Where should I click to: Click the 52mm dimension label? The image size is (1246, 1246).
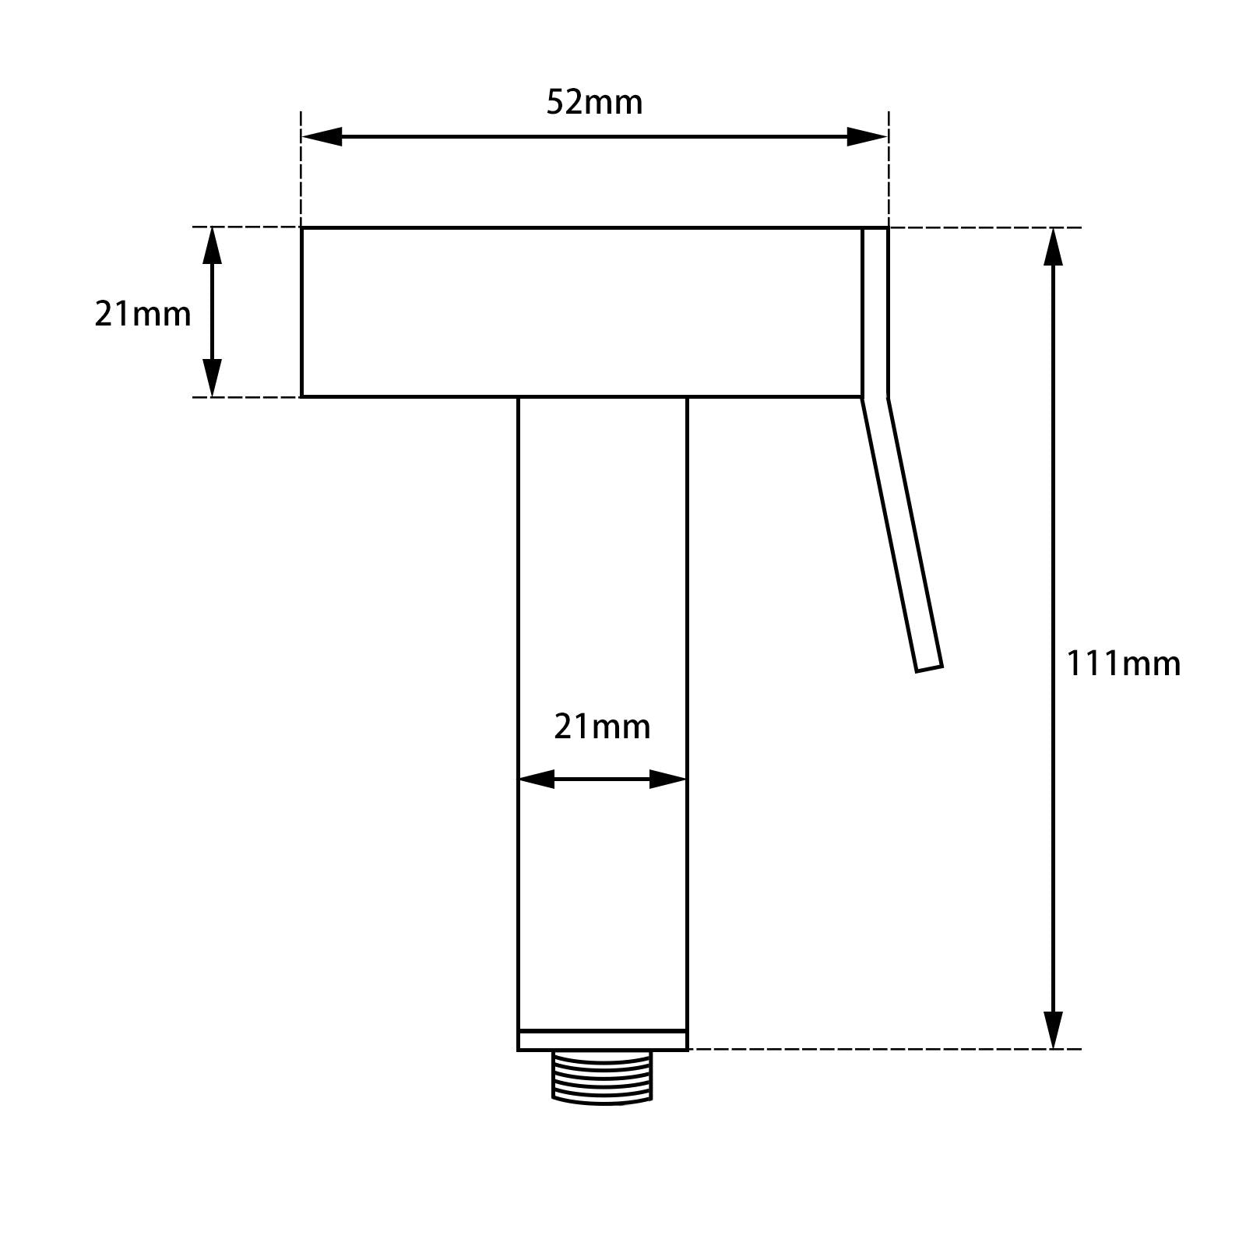[594, 103]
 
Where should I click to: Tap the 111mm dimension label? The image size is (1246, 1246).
[1122, 664]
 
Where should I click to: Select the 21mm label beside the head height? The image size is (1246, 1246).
[143, 315]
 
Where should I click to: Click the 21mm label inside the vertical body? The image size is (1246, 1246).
[602, 727]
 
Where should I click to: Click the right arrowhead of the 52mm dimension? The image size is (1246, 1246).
[868, 137]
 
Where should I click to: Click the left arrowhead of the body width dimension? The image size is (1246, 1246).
[536, 779]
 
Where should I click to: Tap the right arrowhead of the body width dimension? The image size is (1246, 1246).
[668, 779]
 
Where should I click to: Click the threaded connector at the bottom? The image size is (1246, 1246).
[602, 1076]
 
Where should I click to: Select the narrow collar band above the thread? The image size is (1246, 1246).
[602, 1040]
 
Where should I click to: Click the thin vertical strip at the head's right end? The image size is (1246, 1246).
[875, 311]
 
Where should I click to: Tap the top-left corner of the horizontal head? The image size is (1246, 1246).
[302, 228]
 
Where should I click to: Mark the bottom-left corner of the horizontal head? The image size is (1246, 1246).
[302, 396]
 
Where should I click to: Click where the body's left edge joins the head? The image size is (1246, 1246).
[519, 397]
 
